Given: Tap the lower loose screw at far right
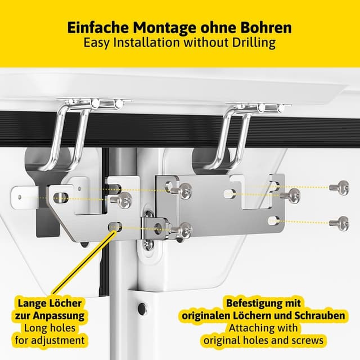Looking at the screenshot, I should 340,223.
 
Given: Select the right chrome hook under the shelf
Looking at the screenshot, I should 236,135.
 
